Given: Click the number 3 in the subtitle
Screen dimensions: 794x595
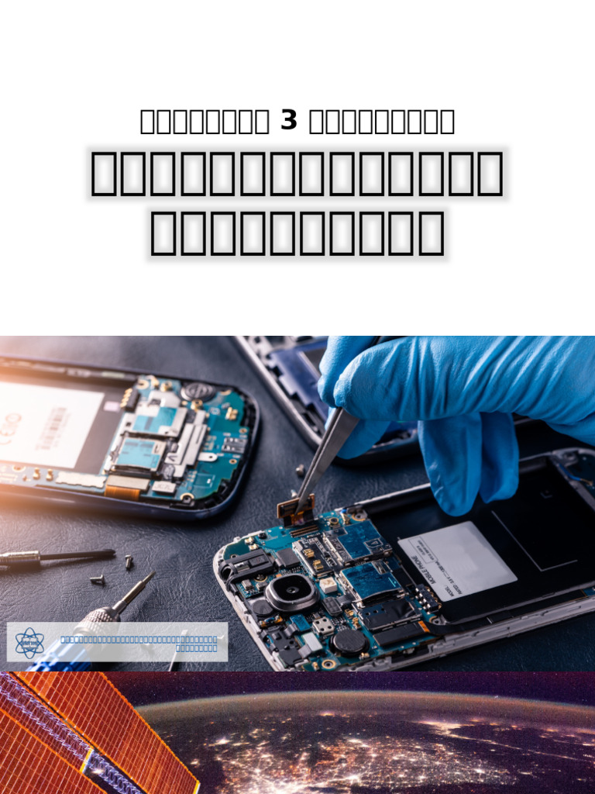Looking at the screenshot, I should tap(289, 121).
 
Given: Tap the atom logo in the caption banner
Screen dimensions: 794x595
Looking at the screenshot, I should tap(30, 643).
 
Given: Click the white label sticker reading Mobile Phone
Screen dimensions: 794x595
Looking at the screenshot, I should tap(457, 560).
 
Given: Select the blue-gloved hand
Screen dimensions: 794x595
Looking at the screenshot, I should tap(465, 403).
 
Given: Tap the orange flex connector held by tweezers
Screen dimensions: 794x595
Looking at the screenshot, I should tap(294, 509).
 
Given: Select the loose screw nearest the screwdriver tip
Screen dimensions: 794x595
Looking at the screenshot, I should tap(98, 578).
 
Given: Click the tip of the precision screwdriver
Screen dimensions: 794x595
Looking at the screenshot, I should tap(151, 576).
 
